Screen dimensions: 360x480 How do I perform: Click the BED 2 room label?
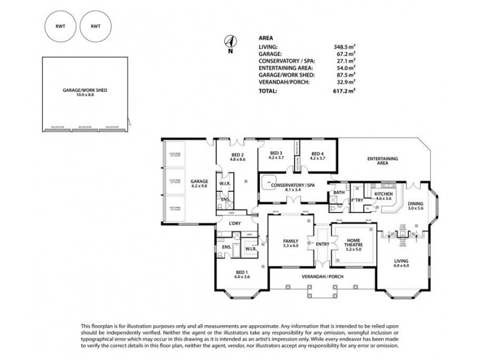tap(238, 157)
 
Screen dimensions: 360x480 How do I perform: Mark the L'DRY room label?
tap(235, 224)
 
